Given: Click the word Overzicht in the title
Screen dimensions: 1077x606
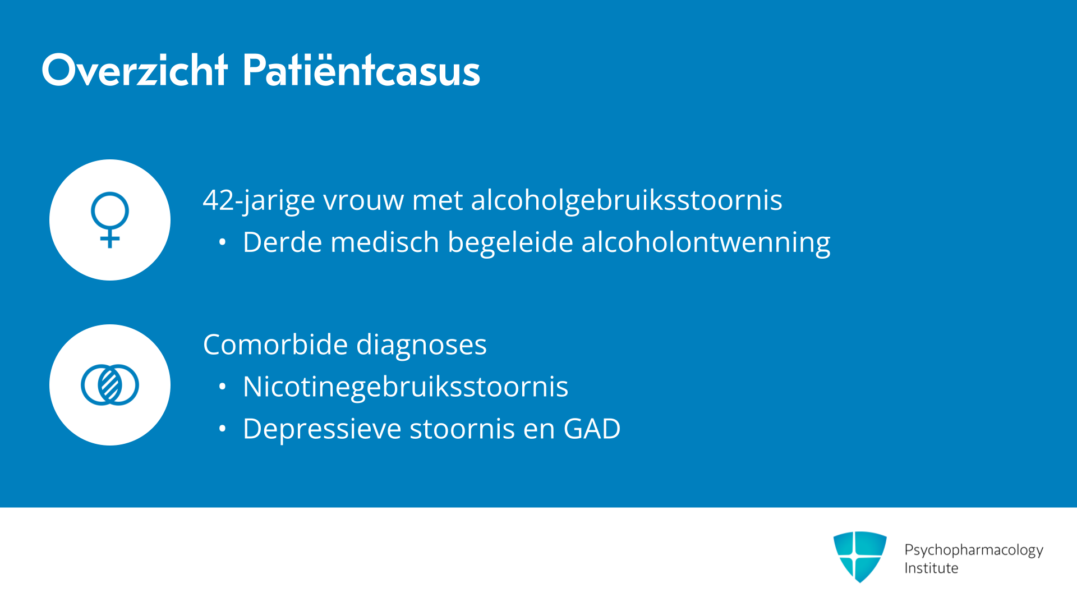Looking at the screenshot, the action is pos(135,70).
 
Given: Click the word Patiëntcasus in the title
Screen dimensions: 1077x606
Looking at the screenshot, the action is pos(361,70).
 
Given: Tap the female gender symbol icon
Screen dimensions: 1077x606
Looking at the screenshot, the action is pos(110,219).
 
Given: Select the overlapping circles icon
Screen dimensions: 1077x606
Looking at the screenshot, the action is pos(110,385).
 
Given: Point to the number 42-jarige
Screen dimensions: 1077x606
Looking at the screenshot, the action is pos(259,201).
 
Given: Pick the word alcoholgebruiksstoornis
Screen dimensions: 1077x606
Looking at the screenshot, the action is pos(627,201).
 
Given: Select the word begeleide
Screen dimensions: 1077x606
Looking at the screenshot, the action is pos(510,244).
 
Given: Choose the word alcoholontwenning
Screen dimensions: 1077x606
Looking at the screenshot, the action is pos(706,244).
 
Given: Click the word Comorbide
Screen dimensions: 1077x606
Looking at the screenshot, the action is pos(275,345).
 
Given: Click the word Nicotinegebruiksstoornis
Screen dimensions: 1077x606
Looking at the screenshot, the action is pos(406,387).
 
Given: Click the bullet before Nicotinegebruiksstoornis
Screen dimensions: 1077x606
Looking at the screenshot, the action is pos(223,387).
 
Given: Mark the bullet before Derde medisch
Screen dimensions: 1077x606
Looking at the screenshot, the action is pos(223,242).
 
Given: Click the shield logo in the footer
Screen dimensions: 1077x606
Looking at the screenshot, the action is pos(860,557).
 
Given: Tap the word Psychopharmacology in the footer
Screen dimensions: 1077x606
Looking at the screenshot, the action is pos(974,550).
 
